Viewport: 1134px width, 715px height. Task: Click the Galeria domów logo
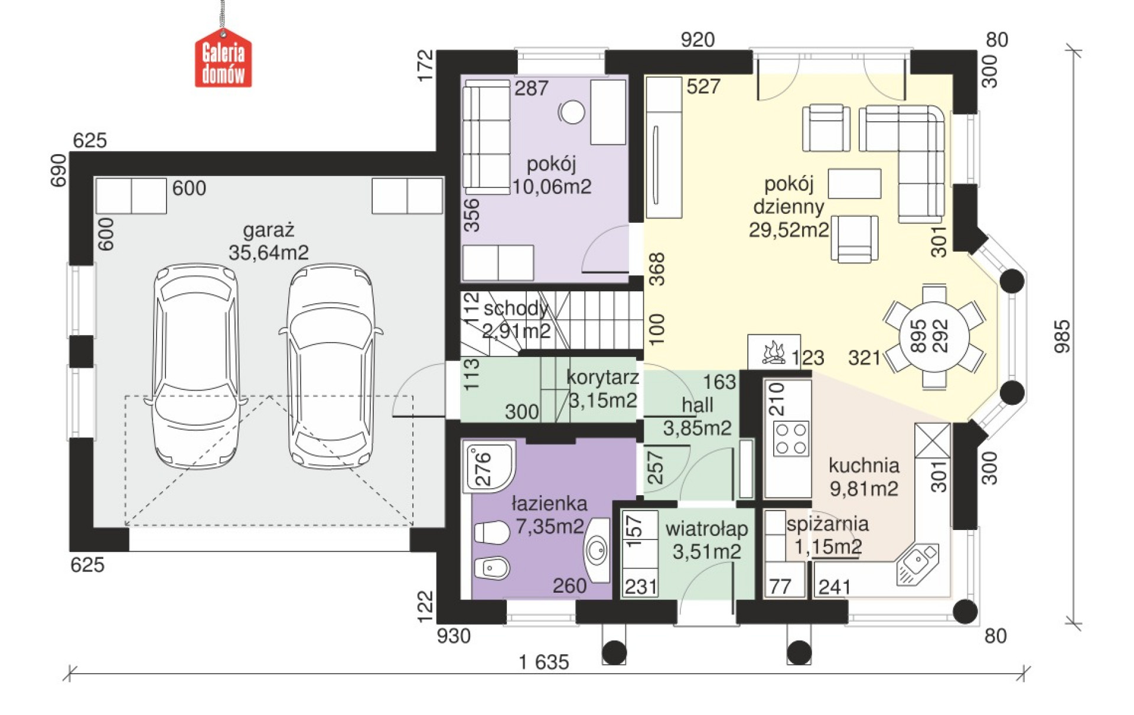(223, 59)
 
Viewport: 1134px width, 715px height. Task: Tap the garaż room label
(268, 230)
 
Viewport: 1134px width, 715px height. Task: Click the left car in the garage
(195, 366)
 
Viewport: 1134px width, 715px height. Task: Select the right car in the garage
(331, 366)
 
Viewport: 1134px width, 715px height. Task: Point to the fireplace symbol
(774, 353)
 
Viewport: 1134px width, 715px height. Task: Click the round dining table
(934, 336)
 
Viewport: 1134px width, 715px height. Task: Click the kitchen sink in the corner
(917, 564)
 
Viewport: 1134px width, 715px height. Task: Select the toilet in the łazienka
(491, 532)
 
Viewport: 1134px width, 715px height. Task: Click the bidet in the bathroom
(491, 568)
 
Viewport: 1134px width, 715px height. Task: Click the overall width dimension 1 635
(543, 662)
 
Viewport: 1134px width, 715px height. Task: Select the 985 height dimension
(1062, 336)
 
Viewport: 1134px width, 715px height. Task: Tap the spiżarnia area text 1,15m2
(828, 547)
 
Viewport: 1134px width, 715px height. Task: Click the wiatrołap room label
(706, 529)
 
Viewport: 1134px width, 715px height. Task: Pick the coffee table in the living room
(854, 183)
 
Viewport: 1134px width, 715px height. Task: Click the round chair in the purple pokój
(571, 112)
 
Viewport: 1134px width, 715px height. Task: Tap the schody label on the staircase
(516, 308)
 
